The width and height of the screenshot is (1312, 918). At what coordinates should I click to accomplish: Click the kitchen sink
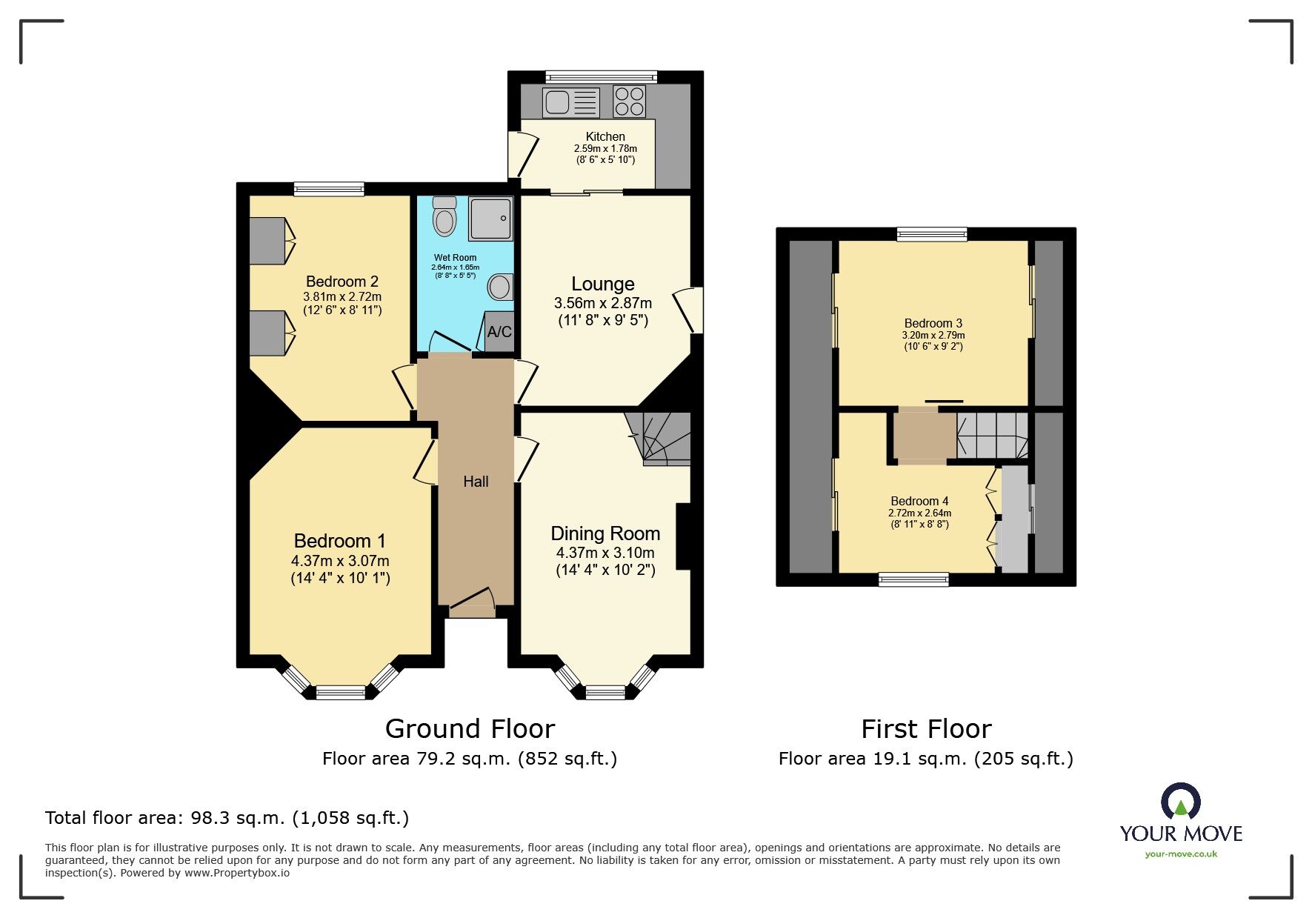pos(570,102)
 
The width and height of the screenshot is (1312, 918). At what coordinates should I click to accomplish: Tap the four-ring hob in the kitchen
pos(629,102)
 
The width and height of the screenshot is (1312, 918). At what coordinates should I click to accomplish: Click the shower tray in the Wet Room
pos(490,219)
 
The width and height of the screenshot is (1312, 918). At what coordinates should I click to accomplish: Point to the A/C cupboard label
pos(499,332)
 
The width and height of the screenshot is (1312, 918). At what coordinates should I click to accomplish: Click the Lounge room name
pos(602,284)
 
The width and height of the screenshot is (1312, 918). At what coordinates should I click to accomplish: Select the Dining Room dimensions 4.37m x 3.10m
pos(605,553)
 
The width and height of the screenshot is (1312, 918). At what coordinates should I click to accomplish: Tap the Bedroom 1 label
pos(339,541)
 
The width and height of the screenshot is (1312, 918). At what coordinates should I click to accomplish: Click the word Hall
pos(476,482)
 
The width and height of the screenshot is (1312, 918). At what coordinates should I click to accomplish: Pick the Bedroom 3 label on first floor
pos(933,323)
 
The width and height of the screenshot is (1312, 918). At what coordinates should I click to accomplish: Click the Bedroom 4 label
pos(919,501)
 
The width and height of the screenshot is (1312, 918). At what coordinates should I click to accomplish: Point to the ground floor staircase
pos(659,438)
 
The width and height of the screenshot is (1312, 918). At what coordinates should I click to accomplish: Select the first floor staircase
pos(992,436)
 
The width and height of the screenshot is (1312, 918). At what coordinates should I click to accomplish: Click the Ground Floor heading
pos(470,729)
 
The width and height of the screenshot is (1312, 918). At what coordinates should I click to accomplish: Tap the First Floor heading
pos(925,729)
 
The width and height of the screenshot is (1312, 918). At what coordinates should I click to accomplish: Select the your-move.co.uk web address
pos(1181,854)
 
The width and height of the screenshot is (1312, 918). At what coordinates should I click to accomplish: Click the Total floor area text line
pos(227,818)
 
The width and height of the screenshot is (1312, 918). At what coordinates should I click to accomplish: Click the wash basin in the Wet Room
pos(500,287)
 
